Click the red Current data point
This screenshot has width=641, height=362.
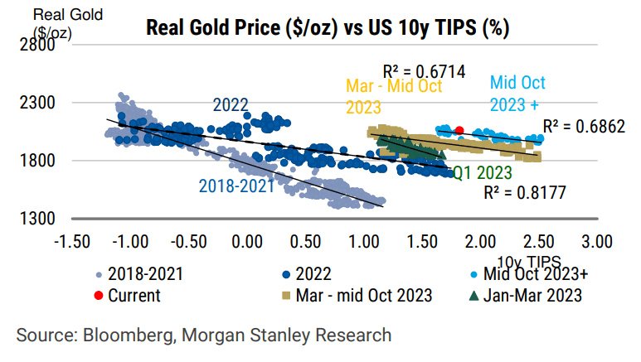pos(459,129)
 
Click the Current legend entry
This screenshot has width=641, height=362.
pos(133,294)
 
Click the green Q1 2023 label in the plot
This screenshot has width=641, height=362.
pos(483,173)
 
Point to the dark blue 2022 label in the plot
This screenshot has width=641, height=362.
pos(231,105)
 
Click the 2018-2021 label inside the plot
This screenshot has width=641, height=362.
pos(236,186)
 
